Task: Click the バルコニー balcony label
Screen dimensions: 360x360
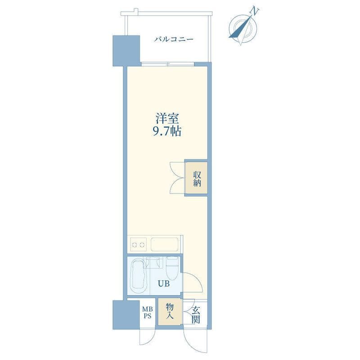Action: click(x=174, y=39)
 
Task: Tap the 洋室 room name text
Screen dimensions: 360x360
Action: click(x=167, y=118)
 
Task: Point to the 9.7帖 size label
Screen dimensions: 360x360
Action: click(x=167, y=131)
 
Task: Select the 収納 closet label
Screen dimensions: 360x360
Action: click(x=197, y=179)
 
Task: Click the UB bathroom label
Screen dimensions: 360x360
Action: click(x=163, y=284)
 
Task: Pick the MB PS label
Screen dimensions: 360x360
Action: click(x=148, y=312)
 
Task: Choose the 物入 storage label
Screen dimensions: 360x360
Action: click(x=170, y=310)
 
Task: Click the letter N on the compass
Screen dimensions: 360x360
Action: click(x=254, y=11)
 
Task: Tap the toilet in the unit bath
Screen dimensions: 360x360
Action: click(x=172, y=268)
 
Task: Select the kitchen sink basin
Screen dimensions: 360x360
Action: click(x=164, y=245)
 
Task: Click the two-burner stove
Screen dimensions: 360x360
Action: click(x=138, y=245)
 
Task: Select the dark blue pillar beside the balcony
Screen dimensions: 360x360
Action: click(x=126, y=50)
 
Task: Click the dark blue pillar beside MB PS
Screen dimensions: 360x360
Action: click(x=126, y=315)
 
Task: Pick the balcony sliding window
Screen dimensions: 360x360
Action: click(x=167, y=64)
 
